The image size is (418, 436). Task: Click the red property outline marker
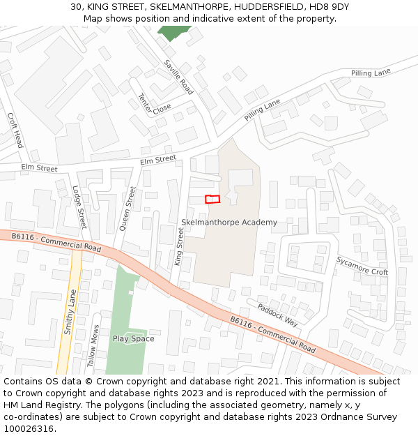[212, 199]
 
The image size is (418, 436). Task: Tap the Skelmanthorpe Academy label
[229, 223]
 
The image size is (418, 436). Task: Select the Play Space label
[133, 339]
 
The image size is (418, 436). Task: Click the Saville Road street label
[178, 77]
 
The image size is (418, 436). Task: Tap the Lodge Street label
[79, 207]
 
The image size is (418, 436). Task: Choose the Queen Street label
[127, 208]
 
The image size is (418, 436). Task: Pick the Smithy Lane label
[68, 313]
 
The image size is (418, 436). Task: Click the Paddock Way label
[277, 315]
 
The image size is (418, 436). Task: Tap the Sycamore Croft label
[362, 266]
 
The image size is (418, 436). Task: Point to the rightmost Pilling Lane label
[371, 73]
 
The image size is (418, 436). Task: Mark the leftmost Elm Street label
[40, 168]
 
